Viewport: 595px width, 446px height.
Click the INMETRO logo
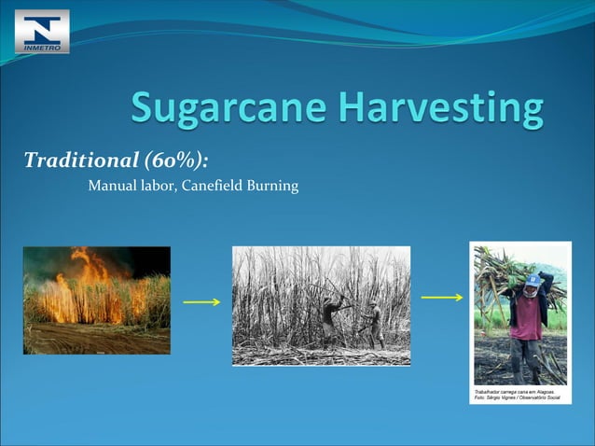pos(42,31)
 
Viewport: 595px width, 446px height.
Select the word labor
pos(162,186)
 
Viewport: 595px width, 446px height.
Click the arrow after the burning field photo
pos(201,302)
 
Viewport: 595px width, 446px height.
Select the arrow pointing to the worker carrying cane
pos(442,298)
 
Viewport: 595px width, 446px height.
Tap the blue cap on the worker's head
pos(532,279)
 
